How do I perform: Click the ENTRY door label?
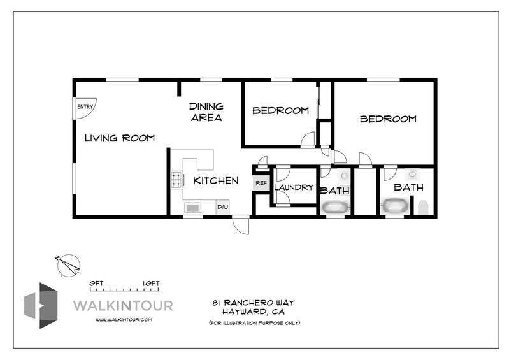click(84, 107)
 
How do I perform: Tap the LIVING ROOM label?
click(120, 138)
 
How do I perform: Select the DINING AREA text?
click(206, 112)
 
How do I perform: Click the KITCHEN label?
click(216, 181)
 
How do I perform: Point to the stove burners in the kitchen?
click(176, 181)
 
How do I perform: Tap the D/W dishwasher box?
click(223, 208)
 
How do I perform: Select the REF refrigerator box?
click(261, 183)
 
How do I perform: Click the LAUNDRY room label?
click(294, 187)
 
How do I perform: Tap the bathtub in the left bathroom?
click(335, 207)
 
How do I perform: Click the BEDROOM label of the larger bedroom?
click(388, 119)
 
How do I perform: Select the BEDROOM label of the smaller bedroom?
click(280, 110)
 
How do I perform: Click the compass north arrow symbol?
click(68, 264)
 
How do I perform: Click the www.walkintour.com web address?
click(124, 319)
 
